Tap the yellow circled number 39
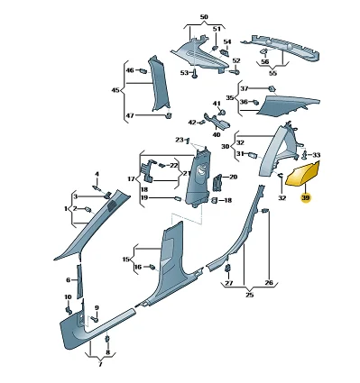point(306,198)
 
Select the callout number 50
point(204,17)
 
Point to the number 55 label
point(272,73)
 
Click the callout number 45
point(115,90)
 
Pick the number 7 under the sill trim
point(100,364)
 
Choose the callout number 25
point(249,295)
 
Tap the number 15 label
point(126,259)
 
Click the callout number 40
point(217,135)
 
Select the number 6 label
point(69,280)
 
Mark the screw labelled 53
point(195,74)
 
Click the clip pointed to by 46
point(143,71)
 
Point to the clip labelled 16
point(152,267)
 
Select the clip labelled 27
point(228,268)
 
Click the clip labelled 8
point(106,339)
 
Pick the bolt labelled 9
point(95,319)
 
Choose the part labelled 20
point(217,182)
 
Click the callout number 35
point(230,98)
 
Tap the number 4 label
point(97,174)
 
